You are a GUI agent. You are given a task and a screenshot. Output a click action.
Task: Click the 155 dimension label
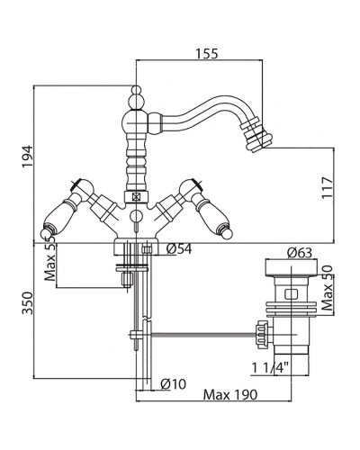point(207,54)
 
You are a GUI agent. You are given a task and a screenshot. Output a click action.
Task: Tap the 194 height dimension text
point(28,157)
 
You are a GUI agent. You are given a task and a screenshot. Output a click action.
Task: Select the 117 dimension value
point(328,187)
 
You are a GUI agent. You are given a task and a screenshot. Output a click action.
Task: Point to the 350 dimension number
point(28,303)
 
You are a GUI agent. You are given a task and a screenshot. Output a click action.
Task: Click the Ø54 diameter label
point(179,248)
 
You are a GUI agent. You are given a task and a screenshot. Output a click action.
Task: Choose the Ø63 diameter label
point(300,253)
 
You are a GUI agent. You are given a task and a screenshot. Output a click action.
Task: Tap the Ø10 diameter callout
point(174,383)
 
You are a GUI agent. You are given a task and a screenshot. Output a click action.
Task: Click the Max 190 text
point(230,394)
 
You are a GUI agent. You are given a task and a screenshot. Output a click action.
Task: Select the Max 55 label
point(50,258)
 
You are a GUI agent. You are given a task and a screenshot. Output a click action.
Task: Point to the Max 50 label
point(328,288)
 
